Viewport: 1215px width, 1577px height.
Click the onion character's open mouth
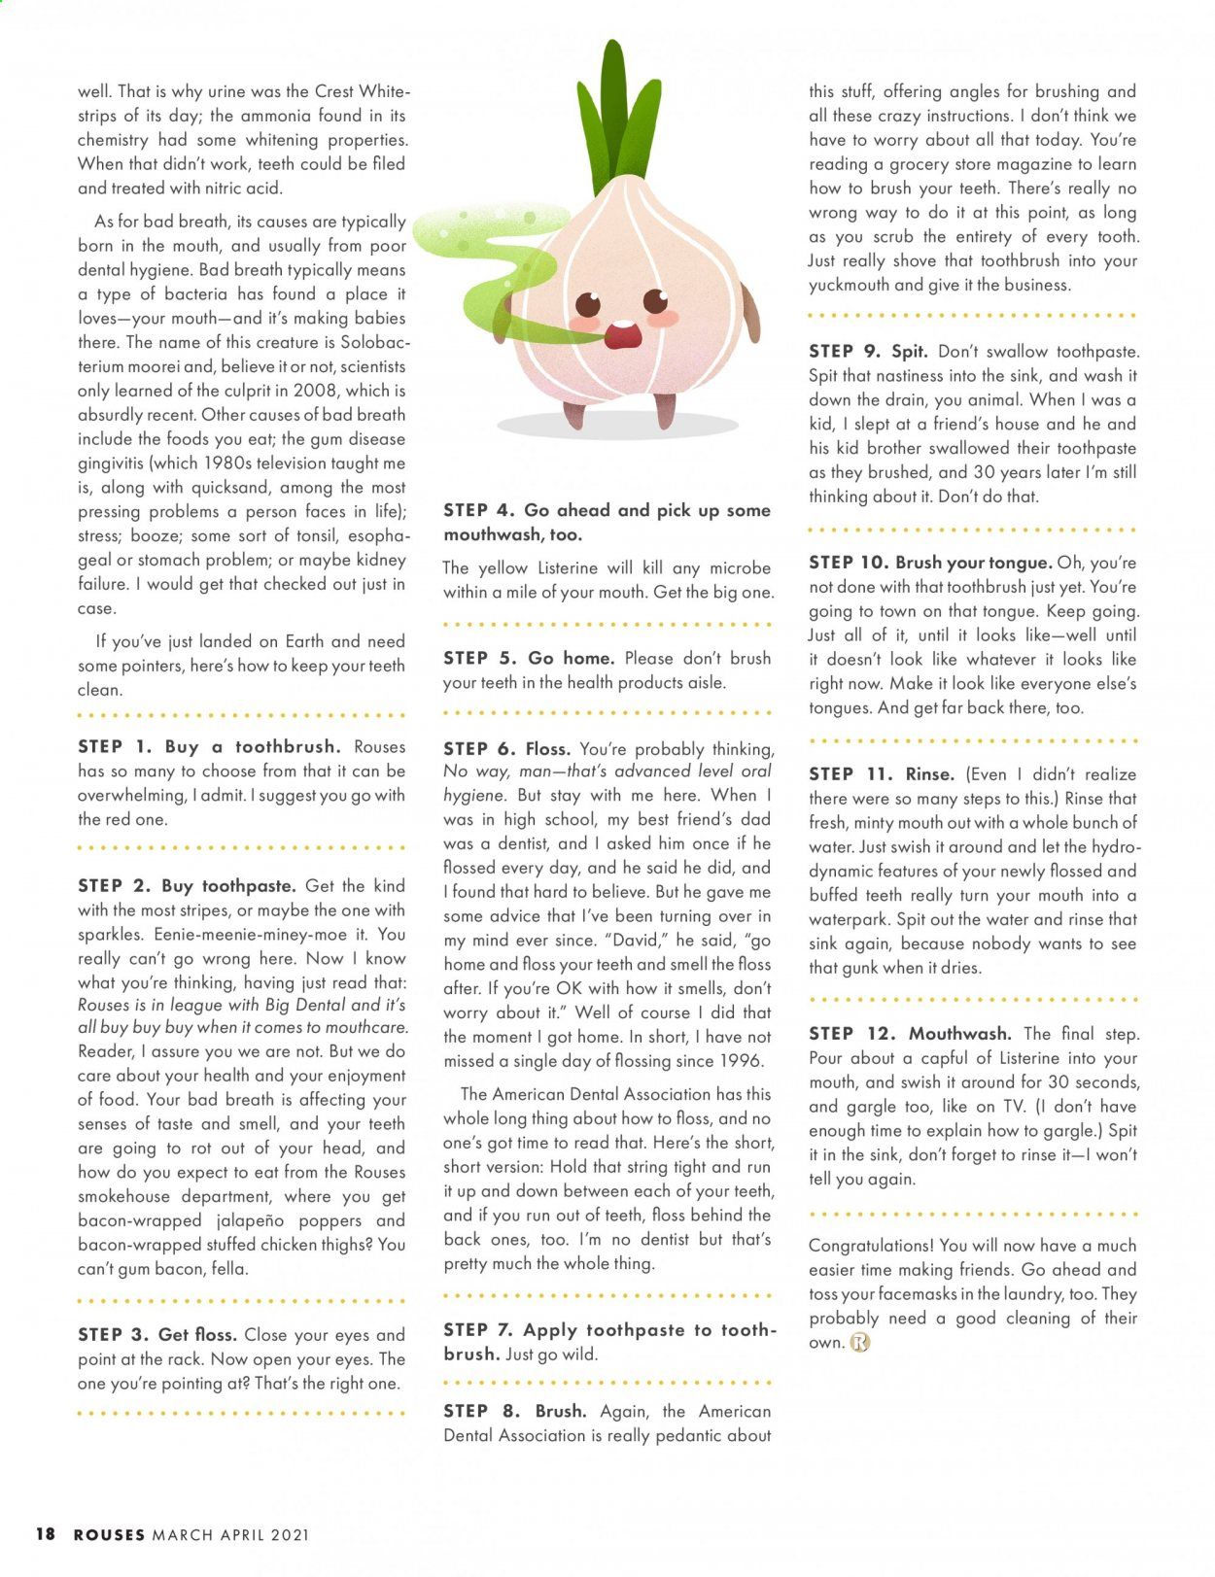tap(623, 335)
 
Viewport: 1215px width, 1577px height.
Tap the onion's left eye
tap(587, 303)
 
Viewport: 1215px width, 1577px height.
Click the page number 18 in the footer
tap(46, 1534)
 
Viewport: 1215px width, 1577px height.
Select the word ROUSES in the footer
tap(110, 1535)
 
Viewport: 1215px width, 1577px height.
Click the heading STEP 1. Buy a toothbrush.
tap(209, 747)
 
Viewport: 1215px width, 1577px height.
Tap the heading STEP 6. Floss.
tap(506, 749)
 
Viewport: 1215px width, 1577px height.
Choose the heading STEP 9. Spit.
tap(868, 352)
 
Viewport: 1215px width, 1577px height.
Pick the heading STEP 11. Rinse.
tap(882, 774)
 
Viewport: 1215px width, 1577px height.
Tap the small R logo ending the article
tap(860, 1343)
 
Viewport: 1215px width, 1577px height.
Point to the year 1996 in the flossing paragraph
tap(744, 1061)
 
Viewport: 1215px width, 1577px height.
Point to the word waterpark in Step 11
tap(849, 919)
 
